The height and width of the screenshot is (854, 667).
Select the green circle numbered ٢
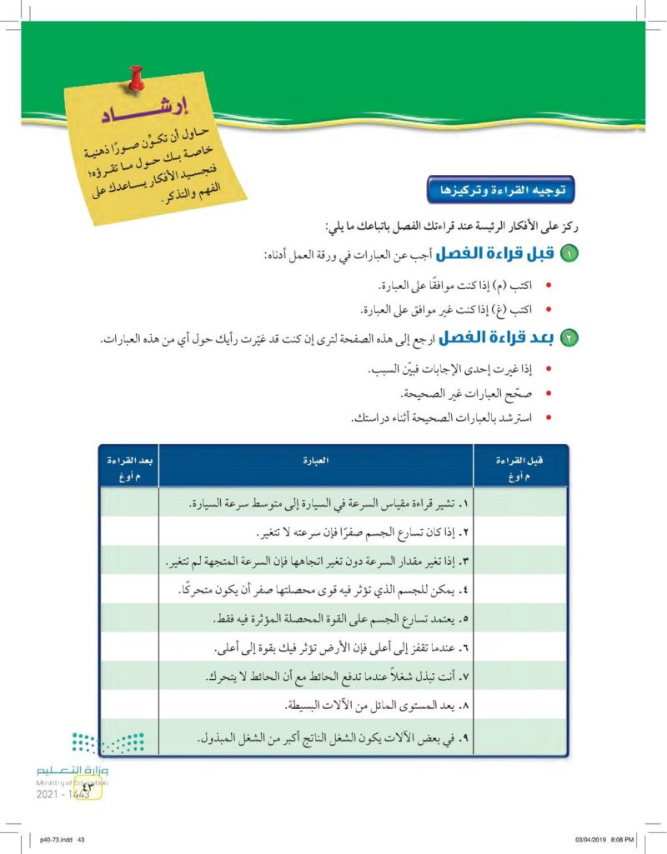click(x=569, y=339)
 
